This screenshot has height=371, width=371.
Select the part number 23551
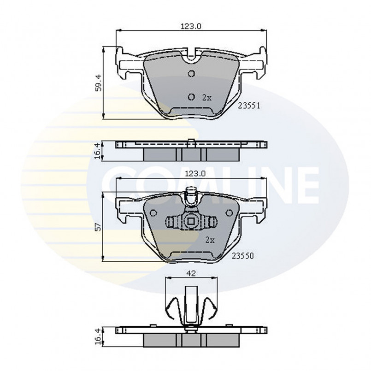click(249, 105)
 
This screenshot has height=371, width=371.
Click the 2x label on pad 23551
click(206, 97)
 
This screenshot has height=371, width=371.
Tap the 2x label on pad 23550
click(210, 240)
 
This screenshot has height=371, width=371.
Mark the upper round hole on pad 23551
click(192, 73)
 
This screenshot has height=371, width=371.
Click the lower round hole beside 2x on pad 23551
click(192, 96)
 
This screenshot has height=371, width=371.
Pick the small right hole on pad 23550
click(229, 212)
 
